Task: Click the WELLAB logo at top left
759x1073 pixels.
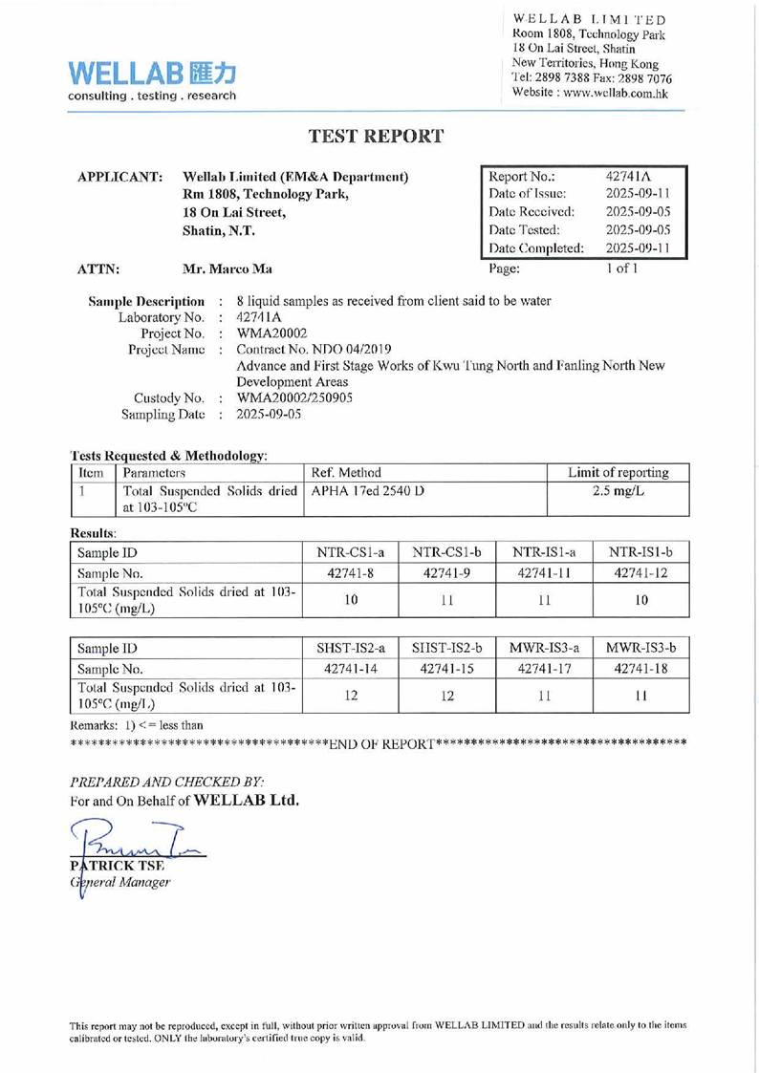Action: tap(152, 78)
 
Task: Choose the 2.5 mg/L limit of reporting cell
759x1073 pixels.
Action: tap(618, 492)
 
